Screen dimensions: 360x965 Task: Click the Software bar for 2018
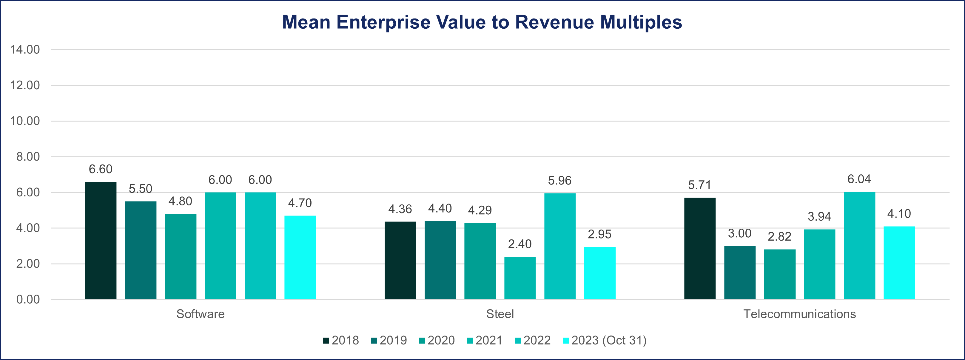(x=101, y=241)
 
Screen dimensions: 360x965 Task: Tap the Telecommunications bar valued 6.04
(x=859, y=245)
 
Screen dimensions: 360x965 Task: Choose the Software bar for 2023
(x=300, y=257)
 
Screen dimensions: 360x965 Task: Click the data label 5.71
(x=699, y=185)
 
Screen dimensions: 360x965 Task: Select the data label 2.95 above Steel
(x=599, y=235)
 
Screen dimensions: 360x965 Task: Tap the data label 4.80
(x=180, y=201)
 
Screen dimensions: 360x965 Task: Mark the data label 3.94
(x=819, y=216)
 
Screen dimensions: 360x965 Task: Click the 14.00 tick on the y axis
(x=25, y=50)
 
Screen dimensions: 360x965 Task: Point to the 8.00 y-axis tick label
(x=28, y=157)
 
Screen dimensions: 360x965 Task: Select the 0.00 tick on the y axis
(x=28, y=299)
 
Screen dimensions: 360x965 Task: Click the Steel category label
(x=500, y=314)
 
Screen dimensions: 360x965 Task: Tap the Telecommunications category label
(x=799, y=314)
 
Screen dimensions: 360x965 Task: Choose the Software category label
(x=201, y=314)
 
